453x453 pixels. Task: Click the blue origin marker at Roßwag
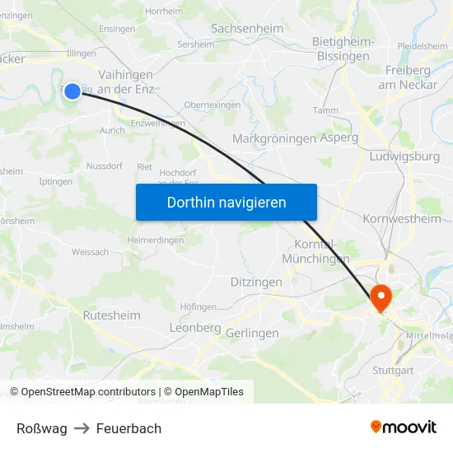click(x=72, y=91)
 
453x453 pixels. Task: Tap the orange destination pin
click(x=381, y=297)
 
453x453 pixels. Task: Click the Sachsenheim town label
click(x=247, y=29)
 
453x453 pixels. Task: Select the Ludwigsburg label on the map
click(x=405, y=156)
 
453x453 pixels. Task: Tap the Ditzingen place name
click(x=256, y=282)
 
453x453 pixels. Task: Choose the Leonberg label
click(x=194, y=327)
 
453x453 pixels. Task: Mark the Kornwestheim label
click(x=402, y=218)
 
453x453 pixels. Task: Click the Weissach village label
click(x=90, y=252)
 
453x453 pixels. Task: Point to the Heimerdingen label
click(x=156, y=240)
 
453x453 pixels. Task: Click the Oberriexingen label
click(x=212, y=105)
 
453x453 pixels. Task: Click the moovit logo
click(x=404, y=427)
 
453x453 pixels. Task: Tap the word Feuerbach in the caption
click(x=128, y=428)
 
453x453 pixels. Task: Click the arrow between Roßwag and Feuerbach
click(x=82, y=428)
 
